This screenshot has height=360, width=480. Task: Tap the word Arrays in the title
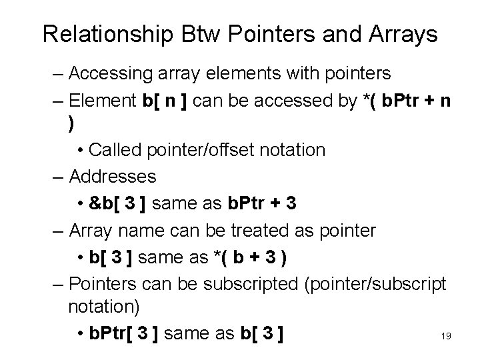coord(401,35)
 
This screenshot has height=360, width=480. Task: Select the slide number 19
coord(446,336)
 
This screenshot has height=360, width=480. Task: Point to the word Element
coord(103,101)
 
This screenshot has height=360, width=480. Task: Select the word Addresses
coord(113,176)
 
